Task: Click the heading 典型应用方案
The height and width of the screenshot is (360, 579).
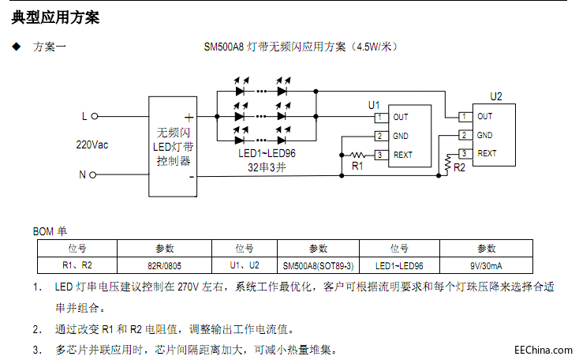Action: click(55, 17)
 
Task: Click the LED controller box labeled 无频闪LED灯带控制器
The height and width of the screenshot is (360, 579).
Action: click(173, 146)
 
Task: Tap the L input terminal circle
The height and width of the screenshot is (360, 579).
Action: click(95, 116)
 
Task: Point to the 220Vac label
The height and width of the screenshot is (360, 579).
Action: click(92, 145)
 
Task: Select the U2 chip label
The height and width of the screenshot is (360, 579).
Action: click(495, 96)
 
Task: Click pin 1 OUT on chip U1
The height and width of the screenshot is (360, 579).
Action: click(380, 118)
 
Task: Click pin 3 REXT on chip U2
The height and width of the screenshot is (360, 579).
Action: click(465, 153)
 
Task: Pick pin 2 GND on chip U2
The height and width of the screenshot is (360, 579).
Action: click(465, 135)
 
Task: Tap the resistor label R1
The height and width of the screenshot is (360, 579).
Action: click(357, 166)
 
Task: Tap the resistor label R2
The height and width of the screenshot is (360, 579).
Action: click(460, 167)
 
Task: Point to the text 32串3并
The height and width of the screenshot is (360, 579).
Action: click(267, 167)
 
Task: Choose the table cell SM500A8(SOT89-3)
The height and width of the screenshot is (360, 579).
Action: click(319, 266)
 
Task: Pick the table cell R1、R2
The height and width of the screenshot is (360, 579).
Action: click(77, 266)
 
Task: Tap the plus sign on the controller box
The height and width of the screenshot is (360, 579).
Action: click(189, 116)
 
